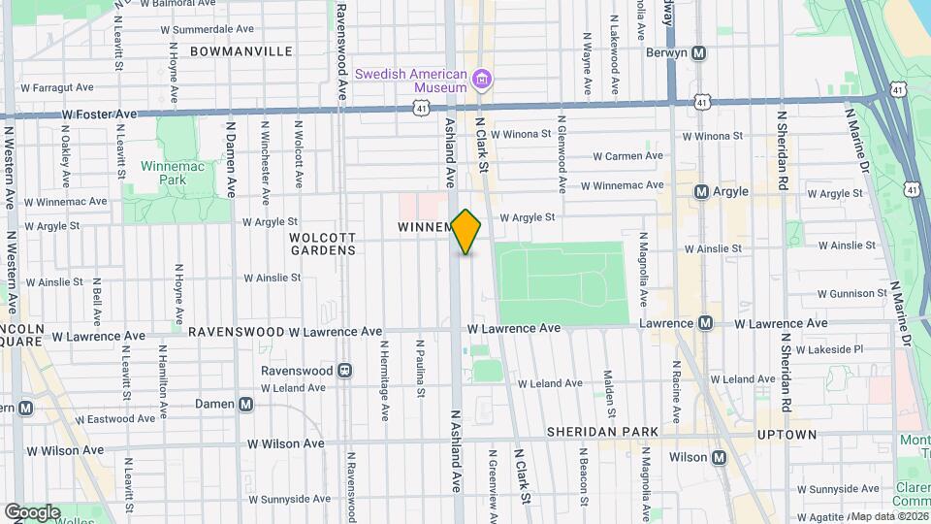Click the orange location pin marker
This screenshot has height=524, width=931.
pos(466,232)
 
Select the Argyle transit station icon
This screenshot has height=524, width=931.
pos(701,192)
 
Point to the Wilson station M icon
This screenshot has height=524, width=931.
pos(719,457)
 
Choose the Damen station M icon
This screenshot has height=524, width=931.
pos(246,404)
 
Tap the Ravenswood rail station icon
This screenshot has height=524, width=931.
pos(343,371)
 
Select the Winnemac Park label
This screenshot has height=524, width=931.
pos(158,173)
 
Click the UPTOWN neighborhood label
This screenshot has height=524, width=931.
pos(787,435)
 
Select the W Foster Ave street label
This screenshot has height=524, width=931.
pos(100,114)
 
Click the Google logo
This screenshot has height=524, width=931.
pos(32,512)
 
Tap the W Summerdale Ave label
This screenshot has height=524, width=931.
pos(213,29)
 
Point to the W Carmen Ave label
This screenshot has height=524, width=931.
pos(627,155)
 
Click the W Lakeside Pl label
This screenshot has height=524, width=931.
pos(829,348)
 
